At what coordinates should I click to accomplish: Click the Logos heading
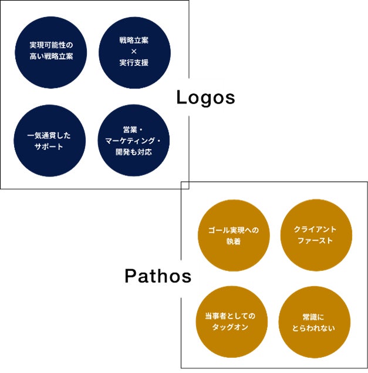click(x=205, y=98)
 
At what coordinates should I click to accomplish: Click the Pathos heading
click(x=158, y=276)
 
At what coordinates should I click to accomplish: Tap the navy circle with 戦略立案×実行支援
click(x=134, y=52)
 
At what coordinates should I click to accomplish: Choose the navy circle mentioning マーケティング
click(x=134, y=141)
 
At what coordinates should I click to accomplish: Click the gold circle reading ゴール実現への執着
click(x=233, y=235)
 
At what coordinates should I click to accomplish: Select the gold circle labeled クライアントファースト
click(x=316, y=235)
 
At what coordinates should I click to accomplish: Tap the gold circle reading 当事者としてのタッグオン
click(x=233, y=322)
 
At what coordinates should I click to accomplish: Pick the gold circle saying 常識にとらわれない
click(x=316, y=322)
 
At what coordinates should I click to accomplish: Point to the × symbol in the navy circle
click(x=134, y=52)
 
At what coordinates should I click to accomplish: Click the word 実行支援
click(x=134, y=63)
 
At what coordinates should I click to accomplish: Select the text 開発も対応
click(x=134, y=152)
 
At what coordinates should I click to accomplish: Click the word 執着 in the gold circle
click(x=233, y=241)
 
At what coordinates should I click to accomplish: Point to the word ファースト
click(x=315, y=241)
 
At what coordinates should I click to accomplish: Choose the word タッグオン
click(x=233, y=328)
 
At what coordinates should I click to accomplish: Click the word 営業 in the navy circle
click(x=130, y=130)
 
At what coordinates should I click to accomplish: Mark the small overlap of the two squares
click(x=185, y=185)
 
